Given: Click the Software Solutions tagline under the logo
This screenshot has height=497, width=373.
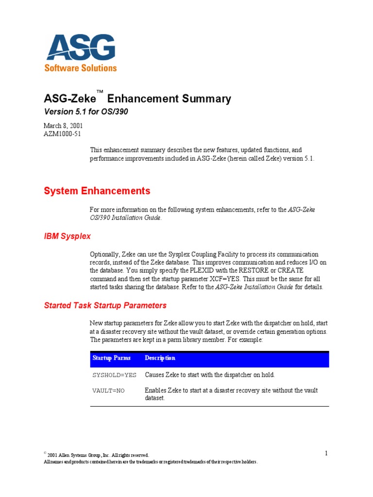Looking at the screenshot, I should coord(81,68).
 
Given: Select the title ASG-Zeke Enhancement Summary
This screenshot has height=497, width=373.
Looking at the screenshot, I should coord(137,99).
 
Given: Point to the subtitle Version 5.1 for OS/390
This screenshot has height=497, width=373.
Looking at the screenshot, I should coord(86,112).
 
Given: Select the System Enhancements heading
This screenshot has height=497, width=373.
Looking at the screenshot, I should coord(97,191).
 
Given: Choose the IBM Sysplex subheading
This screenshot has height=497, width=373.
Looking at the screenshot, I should coord(67,236).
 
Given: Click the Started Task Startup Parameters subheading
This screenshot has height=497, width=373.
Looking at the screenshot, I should coord(105,305).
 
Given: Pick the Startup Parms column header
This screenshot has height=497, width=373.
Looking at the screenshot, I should coord(111,358).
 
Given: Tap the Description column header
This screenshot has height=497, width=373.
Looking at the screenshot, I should coord(160,358).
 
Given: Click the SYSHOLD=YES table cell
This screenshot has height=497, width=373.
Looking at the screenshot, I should coord(115,375).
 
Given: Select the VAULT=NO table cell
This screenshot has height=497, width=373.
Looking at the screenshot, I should coord(108,390).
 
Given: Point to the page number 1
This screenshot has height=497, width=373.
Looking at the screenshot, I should coord(326,453).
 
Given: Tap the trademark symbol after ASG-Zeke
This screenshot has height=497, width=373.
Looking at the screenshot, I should coord(100,92).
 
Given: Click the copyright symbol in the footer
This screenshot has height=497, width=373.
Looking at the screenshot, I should coord(45,453).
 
